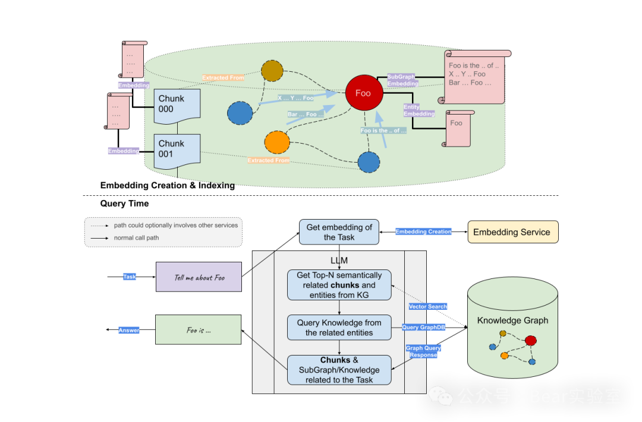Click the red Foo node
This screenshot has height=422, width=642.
pyautogui.click(x=363, y=93)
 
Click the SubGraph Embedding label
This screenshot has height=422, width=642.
pyautogui.click(x=402, y=80)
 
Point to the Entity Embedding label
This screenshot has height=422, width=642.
pyautogui.click(x=419, y=110)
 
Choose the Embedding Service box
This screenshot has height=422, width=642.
pyautogui.click(x=512, y=232)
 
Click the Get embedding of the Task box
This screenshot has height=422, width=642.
pyautogui.click(x=339, y=232)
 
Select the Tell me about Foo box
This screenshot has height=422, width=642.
pyautogui.click(x=199, y=277)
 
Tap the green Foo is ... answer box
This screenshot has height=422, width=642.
pyautogui.click(x=198, y=330)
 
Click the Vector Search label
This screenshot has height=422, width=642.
pyautogui.click(x=428, y=307)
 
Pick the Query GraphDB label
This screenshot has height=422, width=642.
pyautogui.click(x=423, y=328)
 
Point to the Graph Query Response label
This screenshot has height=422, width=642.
pyautogui.click(x=423, y=351)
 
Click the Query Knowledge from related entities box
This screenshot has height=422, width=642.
pyautogui.click(x=339, y=328)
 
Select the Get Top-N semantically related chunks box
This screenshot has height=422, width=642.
pyautogui.click(x=339, y=285)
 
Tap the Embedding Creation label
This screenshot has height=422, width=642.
pyautogui.click(x=423, y=231)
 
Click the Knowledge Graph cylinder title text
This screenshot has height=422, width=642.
pyautogui.click(x=512, y=321)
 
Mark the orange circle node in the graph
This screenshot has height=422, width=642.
pyautogui.click(x=276, y=142)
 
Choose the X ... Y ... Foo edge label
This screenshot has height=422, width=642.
pyautogui.click(x=295, y=98)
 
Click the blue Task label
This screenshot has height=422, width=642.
pyautogui.click(x=130, y=277)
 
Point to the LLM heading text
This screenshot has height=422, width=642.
pyautogui.click(x=339, y=261)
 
